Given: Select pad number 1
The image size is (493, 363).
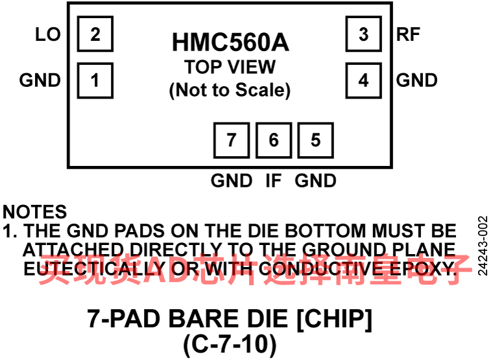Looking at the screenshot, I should pyautogui.click(x=95, y=80).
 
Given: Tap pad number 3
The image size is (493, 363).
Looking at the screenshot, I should pyautogui.click(x=363, y=34).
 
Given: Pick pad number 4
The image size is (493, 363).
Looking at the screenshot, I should pyautogui.click(x=363, y=80).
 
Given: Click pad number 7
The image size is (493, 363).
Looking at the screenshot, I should pyautogui.click(x=232, y=139).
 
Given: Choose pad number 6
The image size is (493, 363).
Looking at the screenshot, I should pyautogui.click(x=273, y=139).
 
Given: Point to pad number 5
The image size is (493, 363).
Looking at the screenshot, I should pyautogui.click(x=315, y=139).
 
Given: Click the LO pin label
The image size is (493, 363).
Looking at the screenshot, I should pyautogui.click(x=48, y=34).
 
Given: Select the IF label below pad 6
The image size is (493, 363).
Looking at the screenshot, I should pyautogui.click(x=274, y=180).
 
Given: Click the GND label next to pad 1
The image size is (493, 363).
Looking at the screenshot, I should pyautogui.click(x=40, y=80).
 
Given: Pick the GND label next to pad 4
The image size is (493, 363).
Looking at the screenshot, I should pyautogui.click(x=416, y=80).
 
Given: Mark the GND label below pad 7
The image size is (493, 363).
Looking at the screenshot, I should pyautogui.click(x=232, y=180).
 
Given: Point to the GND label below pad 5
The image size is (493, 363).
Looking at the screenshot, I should pyautogui.click(x=315, y=180).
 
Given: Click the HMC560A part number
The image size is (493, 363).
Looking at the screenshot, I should pyautogui.click(x=230, y=43).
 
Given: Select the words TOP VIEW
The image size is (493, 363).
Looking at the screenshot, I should pyautogui.click(x=230, y=67).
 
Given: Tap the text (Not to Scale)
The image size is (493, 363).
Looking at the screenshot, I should pyautogui.click(x=230, y=90).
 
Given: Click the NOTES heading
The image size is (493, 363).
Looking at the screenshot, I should pyautogui.click(x=35, y=212).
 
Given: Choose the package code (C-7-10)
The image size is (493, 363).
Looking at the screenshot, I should pyautogui.click(x=230, y=344).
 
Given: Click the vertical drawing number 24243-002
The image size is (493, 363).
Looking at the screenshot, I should pyautogui.click(x=482, y=246).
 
